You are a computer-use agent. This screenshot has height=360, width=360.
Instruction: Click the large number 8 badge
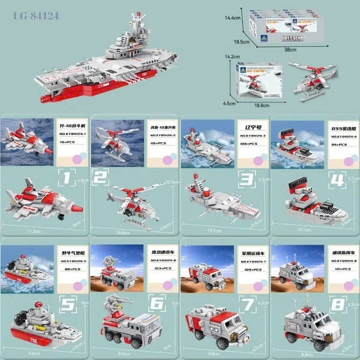pos(337,304)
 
